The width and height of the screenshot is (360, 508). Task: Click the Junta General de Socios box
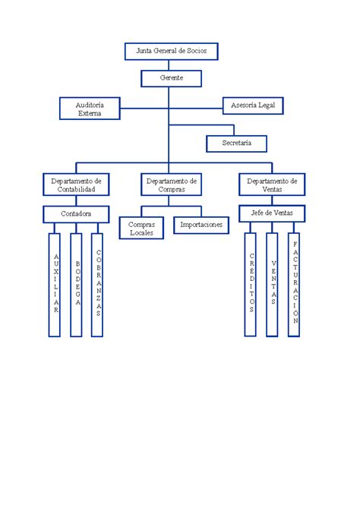pos(172,51)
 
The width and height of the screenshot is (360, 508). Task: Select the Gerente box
pos(172,78)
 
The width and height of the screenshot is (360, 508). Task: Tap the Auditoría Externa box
pos(90,109)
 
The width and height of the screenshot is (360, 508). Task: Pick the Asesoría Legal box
pos(253,106)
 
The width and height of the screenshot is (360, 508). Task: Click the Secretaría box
pos(236,144)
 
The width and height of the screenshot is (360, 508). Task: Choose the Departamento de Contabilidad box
pos(76,185)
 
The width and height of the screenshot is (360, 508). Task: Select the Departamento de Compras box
pos(172,185)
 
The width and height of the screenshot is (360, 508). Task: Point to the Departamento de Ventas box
pos(272,185)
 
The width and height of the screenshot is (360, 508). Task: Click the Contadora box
pos(76,214)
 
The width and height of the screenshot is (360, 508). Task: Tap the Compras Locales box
pos(141,228)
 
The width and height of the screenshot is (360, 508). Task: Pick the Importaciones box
pos(201,226)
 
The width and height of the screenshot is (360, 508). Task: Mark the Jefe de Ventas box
pos(272,213)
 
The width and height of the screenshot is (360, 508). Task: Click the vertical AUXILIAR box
pos(55,285)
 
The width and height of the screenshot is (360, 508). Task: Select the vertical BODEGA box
pos(76,285)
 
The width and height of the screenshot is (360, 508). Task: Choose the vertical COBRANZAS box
pos(97,285)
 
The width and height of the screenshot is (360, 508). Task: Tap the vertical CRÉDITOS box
pos(250,285)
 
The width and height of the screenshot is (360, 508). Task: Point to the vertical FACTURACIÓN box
pos(294,285)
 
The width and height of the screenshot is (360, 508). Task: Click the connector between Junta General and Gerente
pos(169,65)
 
